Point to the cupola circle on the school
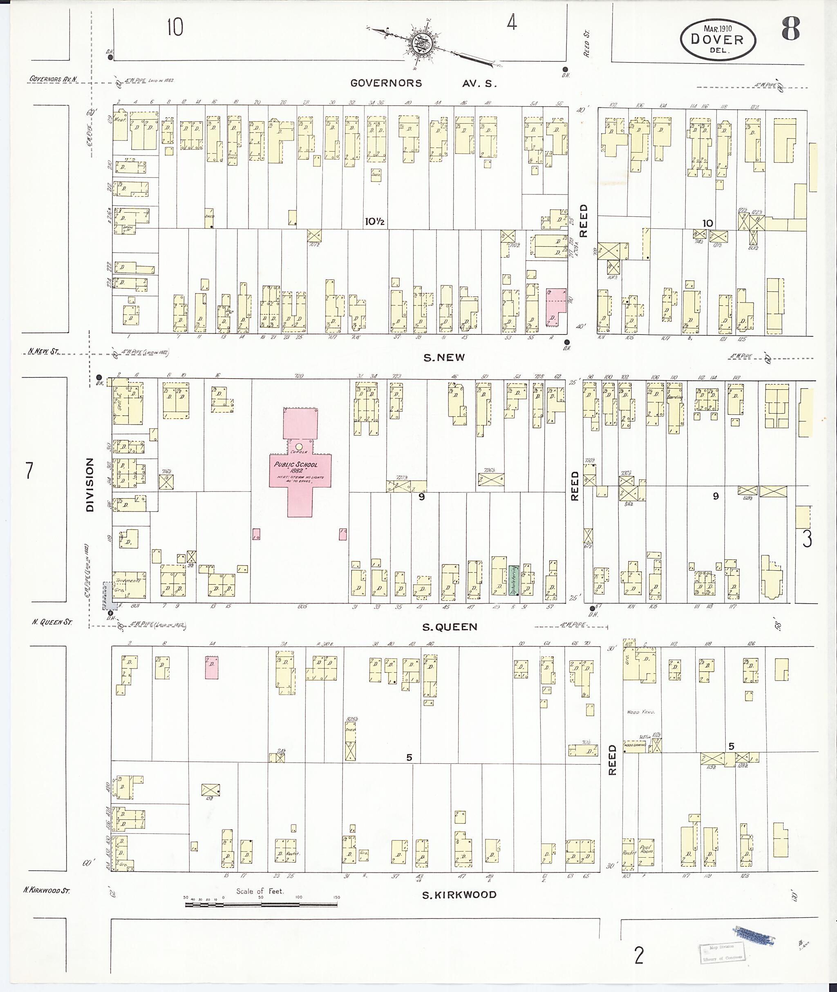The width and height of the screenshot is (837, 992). pyautogui.click(x=298, y=446)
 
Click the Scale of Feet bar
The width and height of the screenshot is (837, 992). pyautogui.click(x=261, y=904)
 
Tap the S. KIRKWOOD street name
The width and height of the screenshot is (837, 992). pyautogui.click(x=459, y=894)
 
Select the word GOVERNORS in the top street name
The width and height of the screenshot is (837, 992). pyautogui.click(x=386, y=83)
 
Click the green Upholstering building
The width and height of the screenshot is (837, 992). pyautogui.click(x=513, y=580)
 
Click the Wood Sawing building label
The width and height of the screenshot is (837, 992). pyautogui.click(x=634, y=745)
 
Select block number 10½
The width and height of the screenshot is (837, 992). pyautogui.click(x=374, y=221)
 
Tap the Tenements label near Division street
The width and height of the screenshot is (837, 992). pyautogui.click(x=127, y=580)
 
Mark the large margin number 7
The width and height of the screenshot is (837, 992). pyautogui.click(x=29, y=471)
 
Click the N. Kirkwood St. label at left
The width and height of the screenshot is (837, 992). pyautogui.click(x=47, y=891)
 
